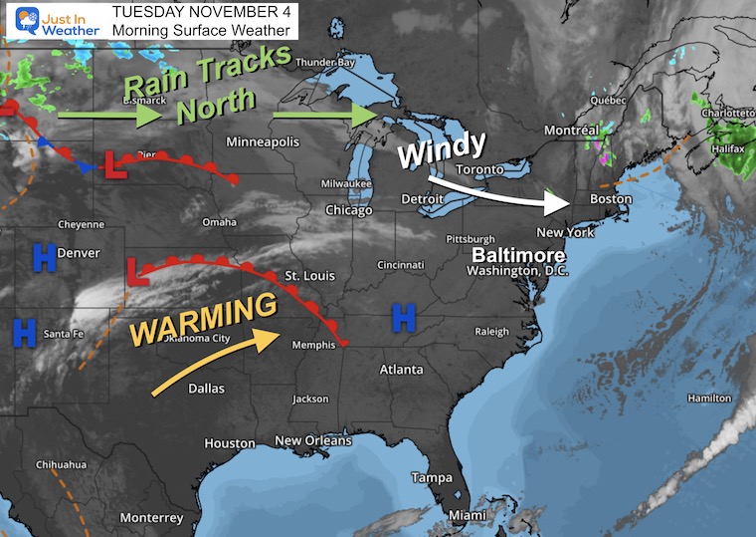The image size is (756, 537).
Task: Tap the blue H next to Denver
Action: (x=43, y=259)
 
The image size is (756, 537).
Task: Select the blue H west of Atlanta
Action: (x=403, y=319)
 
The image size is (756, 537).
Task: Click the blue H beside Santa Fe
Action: (x=25, y=329)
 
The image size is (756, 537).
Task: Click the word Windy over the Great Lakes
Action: (x=443, y=149)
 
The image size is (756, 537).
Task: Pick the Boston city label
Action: (x=610, y=199)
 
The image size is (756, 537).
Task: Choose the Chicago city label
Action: (x=348, y=210)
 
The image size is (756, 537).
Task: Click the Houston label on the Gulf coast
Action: (x=230, y=443)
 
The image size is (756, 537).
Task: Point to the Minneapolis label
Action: (x=263, y=141)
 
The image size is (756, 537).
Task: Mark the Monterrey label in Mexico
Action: (x=151, y=517)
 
